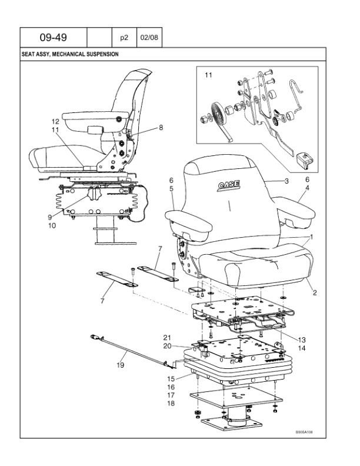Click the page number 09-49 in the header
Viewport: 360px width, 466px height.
(53, 37)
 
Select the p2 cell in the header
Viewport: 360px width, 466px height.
(124, 37)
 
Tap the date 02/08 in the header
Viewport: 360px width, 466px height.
(149, 37)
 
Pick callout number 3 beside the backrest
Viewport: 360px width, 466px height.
(286, 181)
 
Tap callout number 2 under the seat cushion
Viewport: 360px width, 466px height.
(315, 292)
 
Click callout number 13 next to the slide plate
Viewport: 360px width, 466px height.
(302, 339)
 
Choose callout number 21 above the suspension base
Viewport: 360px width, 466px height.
(167, 337)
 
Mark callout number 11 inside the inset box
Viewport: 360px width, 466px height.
(208, 75)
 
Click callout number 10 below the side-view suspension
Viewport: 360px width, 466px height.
(52, 225)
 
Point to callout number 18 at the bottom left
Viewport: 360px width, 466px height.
(171, 404)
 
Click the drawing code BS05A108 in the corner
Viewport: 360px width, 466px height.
(304, 431)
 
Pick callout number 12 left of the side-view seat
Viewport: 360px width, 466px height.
(55, 121)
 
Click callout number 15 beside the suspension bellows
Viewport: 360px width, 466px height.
(171, 378)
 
